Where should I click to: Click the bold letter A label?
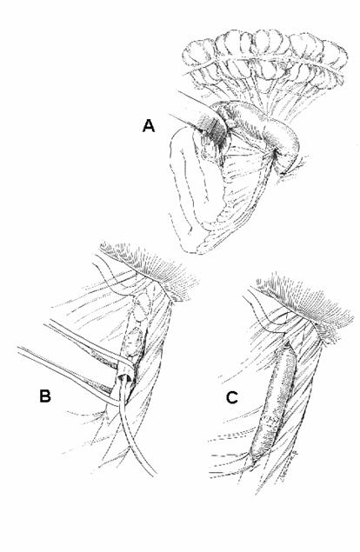149,126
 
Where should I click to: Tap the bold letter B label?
44,396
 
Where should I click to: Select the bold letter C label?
232,397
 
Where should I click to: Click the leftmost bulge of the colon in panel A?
198,53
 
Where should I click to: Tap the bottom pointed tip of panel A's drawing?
198,252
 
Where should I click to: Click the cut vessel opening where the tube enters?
125,379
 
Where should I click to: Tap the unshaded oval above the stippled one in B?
141,307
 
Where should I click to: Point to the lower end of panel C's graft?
254,456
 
